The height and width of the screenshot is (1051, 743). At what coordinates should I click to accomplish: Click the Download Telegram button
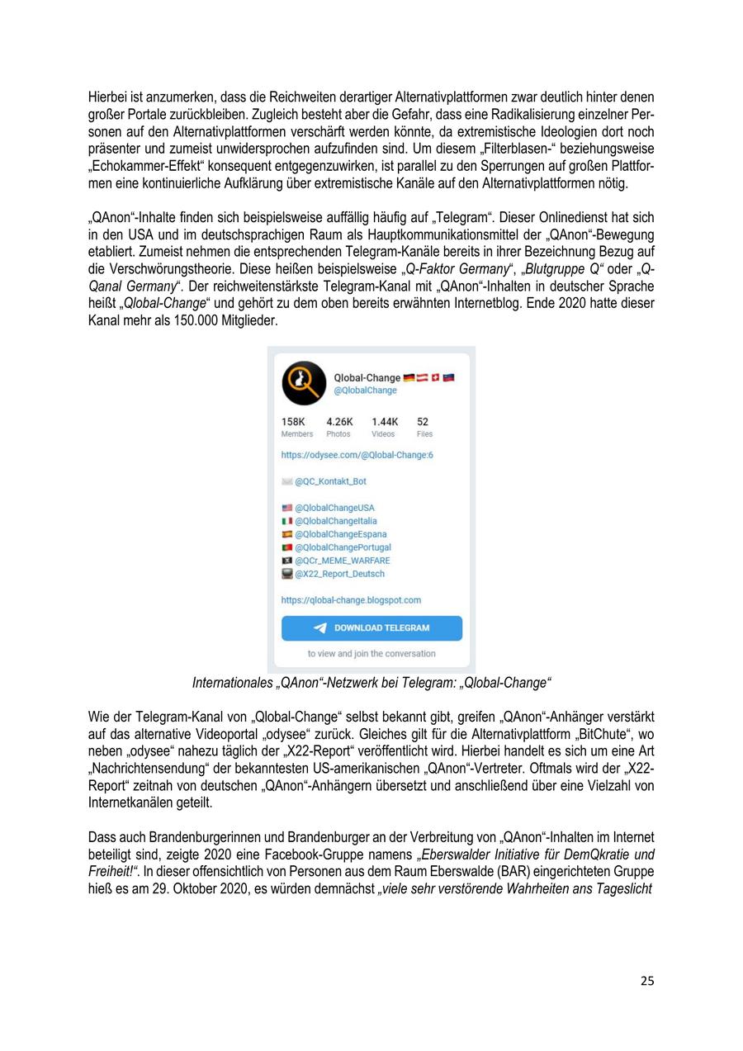[371, 627]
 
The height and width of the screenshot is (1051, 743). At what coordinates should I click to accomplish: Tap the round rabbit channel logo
[303, 383]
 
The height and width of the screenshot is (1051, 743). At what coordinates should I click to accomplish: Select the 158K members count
[292, 421]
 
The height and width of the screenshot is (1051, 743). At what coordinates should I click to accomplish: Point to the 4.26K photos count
[339, 421]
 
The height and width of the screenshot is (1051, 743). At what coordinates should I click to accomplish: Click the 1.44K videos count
[384, 421]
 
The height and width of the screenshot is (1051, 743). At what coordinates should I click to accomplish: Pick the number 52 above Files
[423, 421]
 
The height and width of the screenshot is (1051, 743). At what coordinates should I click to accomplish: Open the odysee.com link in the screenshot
[357, 455]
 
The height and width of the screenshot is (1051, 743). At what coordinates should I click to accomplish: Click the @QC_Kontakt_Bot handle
[330, 481]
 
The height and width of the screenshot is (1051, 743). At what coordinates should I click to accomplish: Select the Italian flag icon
[287, 521]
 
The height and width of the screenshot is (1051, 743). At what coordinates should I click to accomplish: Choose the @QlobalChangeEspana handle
[340, 534]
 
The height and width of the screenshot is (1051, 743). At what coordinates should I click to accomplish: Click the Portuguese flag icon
[287, 547]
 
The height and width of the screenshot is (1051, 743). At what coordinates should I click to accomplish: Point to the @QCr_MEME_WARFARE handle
[342, 561]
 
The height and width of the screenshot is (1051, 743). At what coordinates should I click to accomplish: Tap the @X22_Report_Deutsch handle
[339, 574]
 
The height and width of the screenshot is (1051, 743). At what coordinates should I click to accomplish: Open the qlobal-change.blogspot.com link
[351, 600]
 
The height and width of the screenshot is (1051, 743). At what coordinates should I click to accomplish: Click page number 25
[647, 981]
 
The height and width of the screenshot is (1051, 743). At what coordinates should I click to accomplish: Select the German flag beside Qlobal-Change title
[409, 378]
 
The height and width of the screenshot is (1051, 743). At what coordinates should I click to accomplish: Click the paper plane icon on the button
[320, 628]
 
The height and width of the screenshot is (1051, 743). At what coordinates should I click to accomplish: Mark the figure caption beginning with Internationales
[371, 683]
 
